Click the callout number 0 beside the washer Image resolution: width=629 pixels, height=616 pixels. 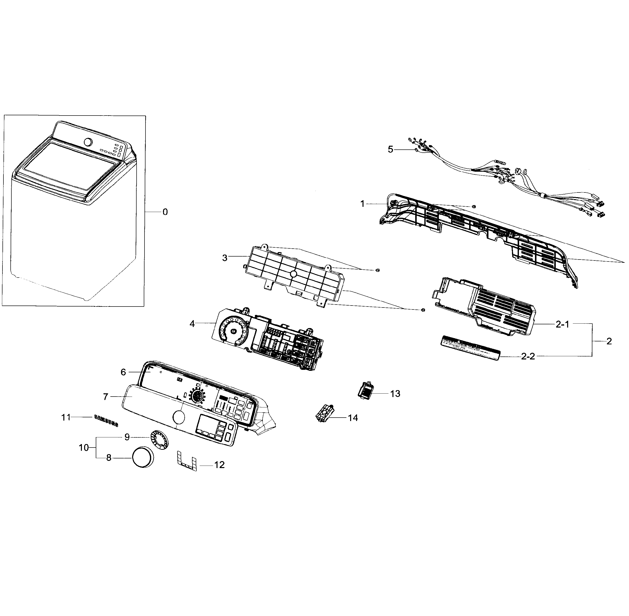(x=165, y=212)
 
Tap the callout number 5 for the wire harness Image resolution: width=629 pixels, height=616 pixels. (x=390, y=149)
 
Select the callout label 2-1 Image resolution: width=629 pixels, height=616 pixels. (x=562, y=325)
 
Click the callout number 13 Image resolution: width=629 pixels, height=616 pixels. (x=395, y=394)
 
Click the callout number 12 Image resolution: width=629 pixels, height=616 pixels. (x=219, y=465)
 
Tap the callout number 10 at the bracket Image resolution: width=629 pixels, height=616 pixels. (x=83, y=448)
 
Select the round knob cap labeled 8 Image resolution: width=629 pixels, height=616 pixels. (x=142, y=458)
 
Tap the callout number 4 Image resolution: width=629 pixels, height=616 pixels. (x=192, y=324)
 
